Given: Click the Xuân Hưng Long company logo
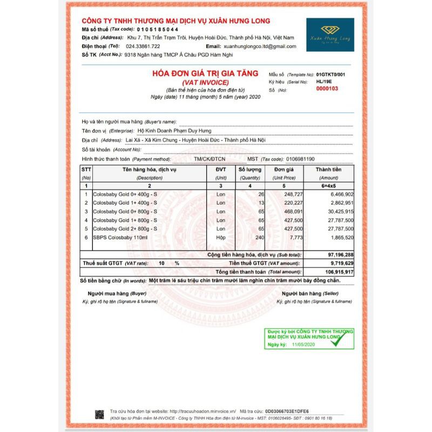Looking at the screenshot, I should coord(330,35).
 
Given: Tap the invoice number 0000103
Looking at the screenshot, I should coord(327,89).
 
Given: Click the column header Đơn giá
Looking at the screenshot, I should coord(283,170).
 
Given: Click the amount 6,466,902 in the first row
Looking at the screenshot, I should coord(340,194).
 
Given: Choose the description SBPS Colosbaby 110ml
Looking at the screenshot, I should coord(119,238).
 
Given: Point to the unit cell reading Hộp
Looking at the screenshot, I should coord(220,238).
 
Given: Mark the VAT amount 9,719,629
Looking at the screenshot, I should coord(340,263).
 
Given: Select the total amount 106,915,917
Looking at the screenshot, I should coord(337,272).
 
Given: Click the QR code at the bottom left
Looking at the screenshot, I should coord(100,414).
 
